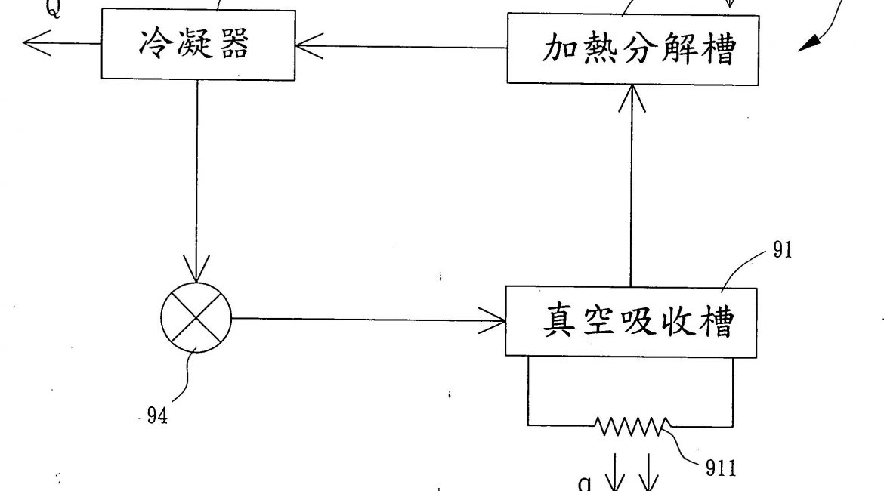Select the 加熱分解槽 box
pyautogui.click(x=632, y=50)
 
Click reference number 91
pyautogui.click(x=782, y=250)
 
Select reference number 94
pyautogui.click(x=156, y=416)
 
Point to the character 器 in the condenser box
pyautogui.click(x=233, y=45)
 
